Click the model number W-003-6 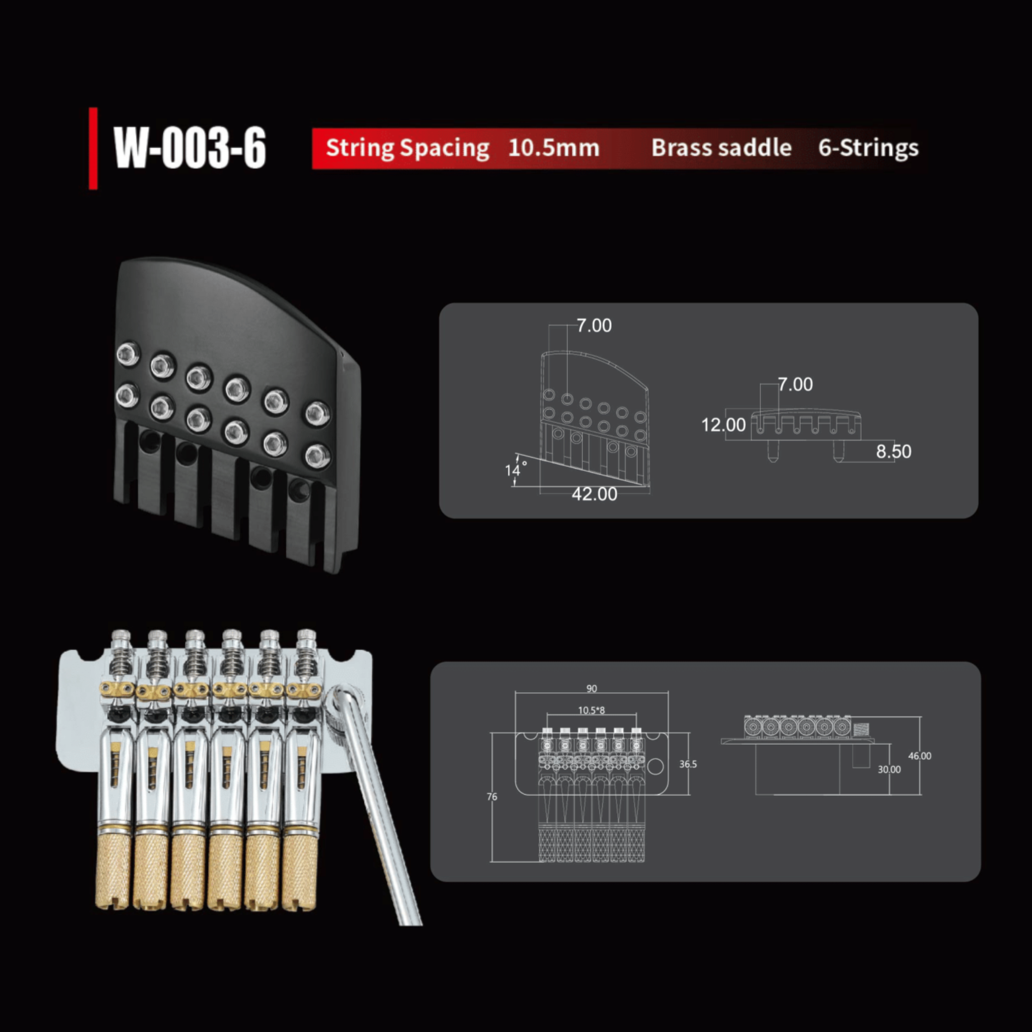[x=189, y=149]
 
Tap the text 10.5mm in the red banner [x=553, y=148]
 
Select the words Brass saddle [x=721, y=148]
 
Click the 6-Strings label [x=868, y=149]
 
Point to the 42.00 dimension [x=594, y=494]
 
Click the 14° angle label [x=515, y=470]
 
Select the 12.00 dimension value [x=723, y=425]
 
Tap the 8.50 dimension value [x=893, y=451]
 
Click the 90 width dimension [x=591, y=688]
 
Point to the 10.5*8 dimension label [x=591, y=711]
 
